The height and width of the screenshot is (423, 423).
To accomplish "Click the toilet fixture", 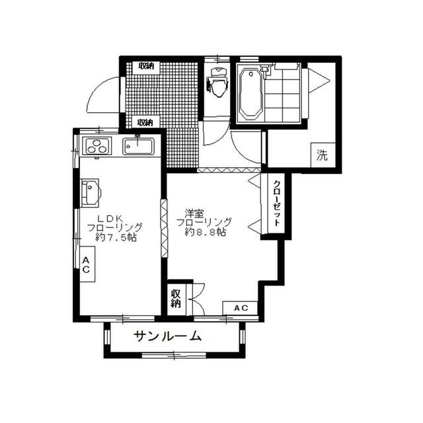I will [217, 85].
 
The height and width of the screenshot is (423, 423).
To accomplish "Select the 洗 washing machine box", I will [322, 156].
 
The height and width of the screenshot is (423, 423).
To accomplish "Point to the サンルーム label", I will [168, 336].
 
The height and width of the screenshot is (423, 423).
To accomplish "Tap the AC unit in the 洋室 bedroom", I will [241, 307].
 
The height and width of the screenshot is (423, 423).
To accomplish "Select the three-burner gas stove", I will [96, 147].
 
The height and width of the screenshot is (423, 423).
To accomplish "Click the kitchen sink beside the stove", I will [137, 145].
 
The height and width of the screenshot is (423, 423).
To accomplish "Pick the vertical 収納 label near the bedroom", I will [176, 299].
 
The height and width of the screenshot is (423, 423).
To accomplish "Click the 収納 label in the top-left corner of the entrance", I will [145, 66].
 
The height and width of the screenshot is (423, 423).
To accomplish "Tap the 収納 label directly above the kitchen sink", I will [145, 122].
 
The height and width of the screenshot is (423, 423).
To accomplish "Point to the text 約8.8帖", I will [206, 233].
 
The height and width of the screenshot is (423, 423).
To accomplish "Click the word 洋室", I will [194, 213].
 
